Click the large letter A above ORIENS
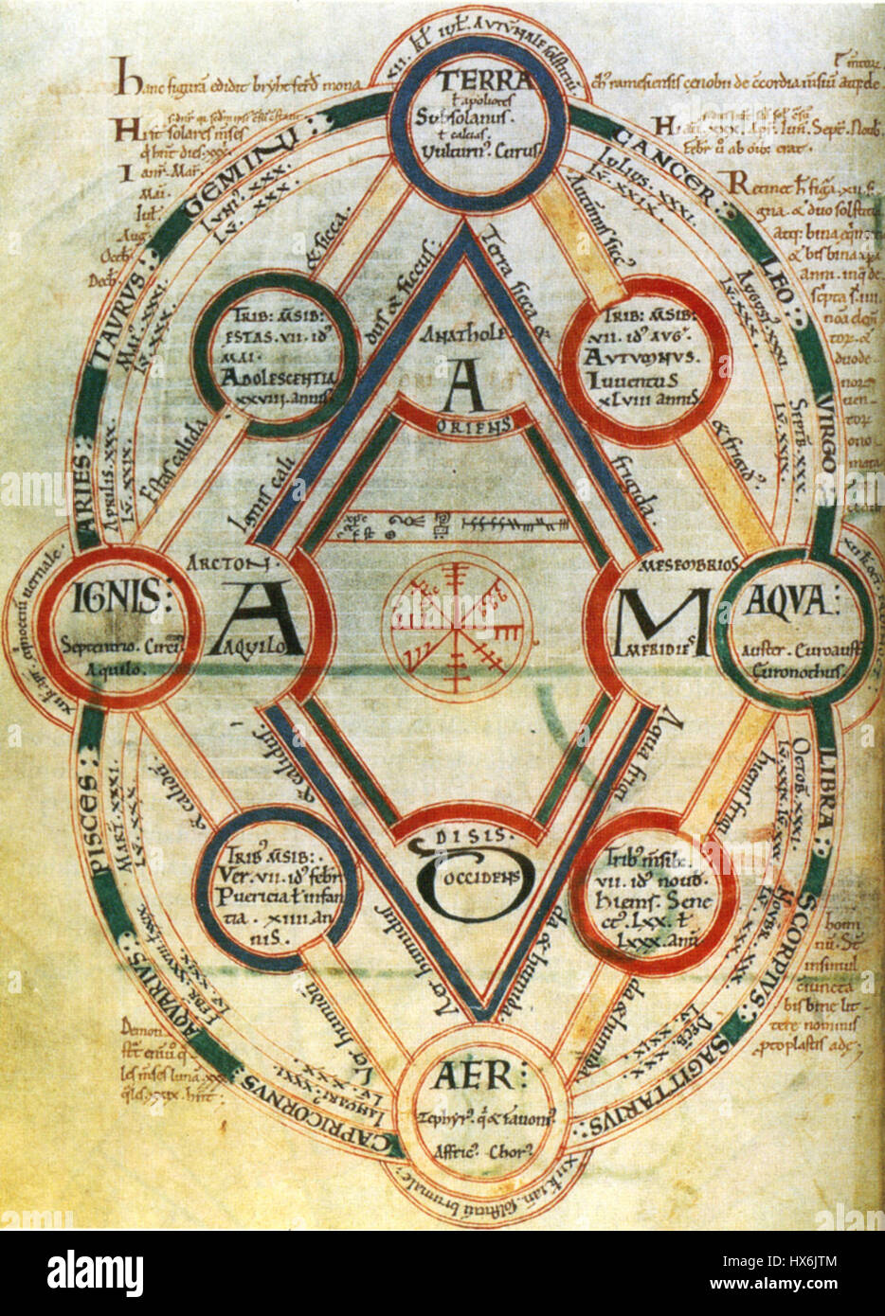462,386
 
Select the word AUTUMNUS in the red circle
641,358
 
